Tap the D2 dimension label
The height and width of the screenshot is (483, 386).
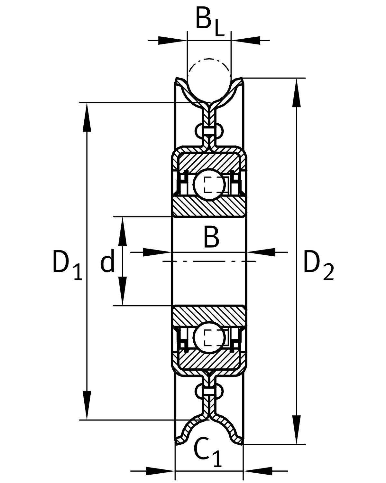click(318, 266)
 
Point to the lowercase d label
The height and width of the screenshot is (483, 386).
click(107, 262)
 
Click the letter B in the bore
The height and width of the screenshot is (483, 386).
click(211, 237)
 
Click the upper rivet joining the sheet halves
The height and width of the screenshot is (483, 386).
click(209, 131)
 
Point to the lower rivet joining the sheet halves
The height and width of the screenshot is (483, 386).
click(209, 391)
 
